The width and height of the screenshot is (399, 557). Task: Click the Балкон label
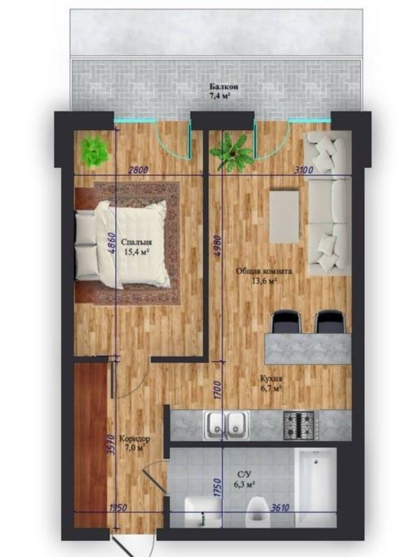tap(223, 87)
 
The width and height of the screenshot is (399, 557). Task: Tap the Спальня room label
tap(137, 242)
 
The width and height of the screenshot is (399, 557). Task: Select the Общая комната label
tap(264, 271)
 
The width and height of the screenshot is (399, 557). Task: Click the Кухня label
tap(271, 378)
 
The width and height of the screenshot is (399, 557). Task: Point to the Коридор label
tap(134, 438)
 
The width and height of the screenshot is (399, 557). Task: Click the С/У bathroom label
tap(244, 474)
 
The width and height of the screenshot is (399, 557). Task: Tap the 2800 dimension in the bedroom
tap(138, 169)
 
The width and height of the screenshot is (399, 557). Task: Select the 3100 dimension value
tap(304, 169)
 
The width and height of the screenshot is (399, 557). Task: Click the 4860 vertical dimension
tap(111, 243)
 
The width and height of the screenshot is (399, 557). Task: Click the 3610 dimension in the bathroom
tap(280, 508)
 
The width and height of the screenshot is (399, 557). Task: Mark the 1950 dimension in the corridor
tap(118, 508)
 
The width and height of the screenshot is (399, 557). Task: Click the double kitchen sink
tap(226, 425)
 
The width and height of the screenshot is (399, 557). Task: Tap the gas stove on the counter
tap(299, 425)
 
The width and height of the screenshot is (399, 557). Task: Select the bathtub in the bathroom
tap(316, 487)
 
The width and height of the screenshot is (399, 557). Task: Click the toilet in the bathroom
tap(258, 510)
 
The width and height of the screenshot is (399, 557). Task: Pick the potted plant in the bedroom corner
tap(93, 152)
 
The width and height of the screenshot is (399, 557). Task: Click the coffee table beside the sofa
tap(285, 216)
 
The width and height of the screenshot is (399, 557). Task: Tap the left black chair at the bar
tap(286, 321)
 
